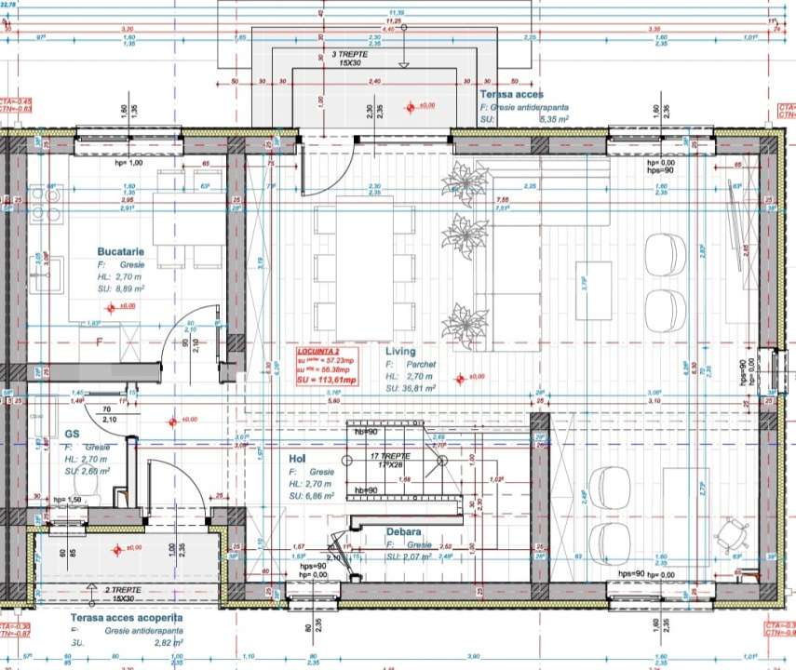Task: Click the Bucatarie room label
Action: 120,251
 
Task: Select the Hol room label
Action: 297,458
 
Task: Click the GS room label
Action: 73,434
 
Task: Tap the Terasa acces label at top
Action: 512,95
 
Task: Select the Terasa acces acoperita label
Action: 127,617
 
